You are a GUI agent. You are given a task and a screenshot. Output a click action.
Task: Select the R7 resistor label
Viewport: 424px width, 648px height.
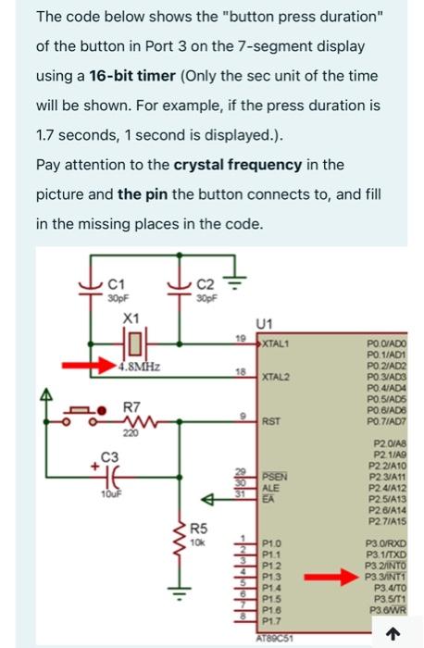coord(132,407)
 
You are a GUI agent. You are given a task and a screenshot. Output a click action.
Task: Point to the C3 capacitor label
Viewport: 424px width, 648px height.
coord(110,456)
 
